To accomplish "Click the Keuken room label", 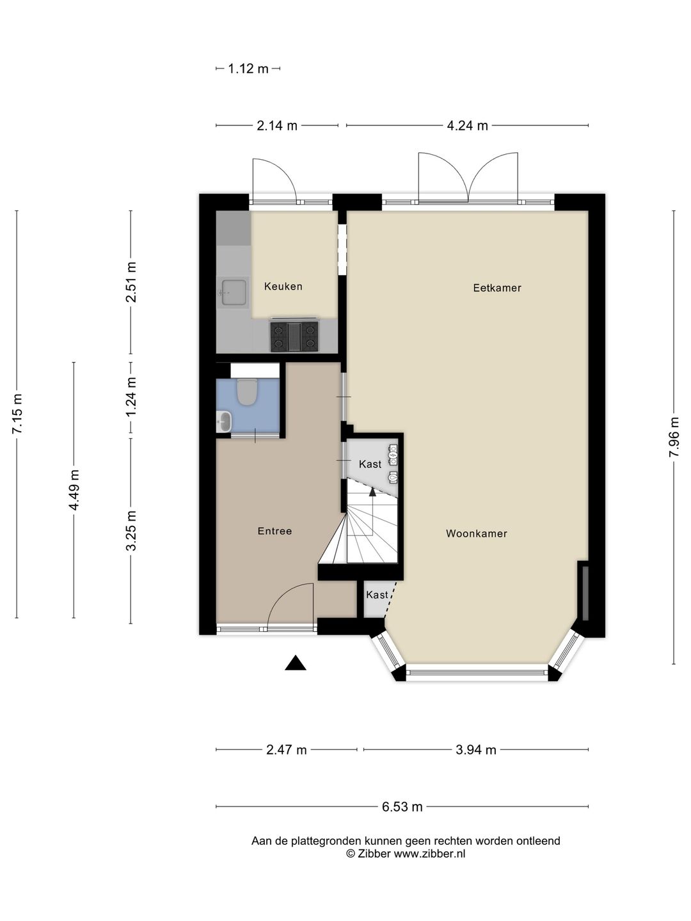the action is coord(283,287).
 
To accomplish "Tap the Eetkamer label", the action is coord(497,288).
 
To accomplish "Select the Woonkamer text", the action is coord(477,533).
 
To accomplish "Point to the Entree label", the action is coord(275,531).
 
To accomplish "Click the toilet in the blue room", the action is coord(247,391).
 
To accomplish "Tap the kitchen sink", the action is coord(234,293).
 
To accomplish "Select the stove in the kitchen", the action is coord(294,336).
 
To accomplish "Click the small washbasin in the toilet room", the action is coord(225,421).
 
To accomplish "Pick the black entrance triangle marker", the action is coord(296,663).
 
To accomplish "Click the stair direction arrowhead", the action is coord(372,492).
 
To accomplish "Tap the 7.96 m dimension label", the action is coord(674,437).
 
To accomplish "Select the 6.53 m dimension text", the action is coord(402,807).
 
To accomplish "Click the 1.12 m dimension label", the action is coord(248,68).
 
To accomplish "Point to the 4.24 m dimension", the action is coord(467,125).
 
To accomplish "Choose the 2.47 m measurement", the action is coord(287,750).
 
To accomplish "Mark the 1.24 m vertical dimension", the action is coord(131,397).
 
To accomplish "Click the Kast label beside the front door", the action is coord(377,595).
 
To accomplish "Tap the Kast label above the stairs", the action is coord(370,464).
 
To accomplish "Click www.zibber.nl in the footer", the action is coord(429,853).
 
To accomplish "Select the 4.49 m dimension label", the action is coord(74,490).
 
